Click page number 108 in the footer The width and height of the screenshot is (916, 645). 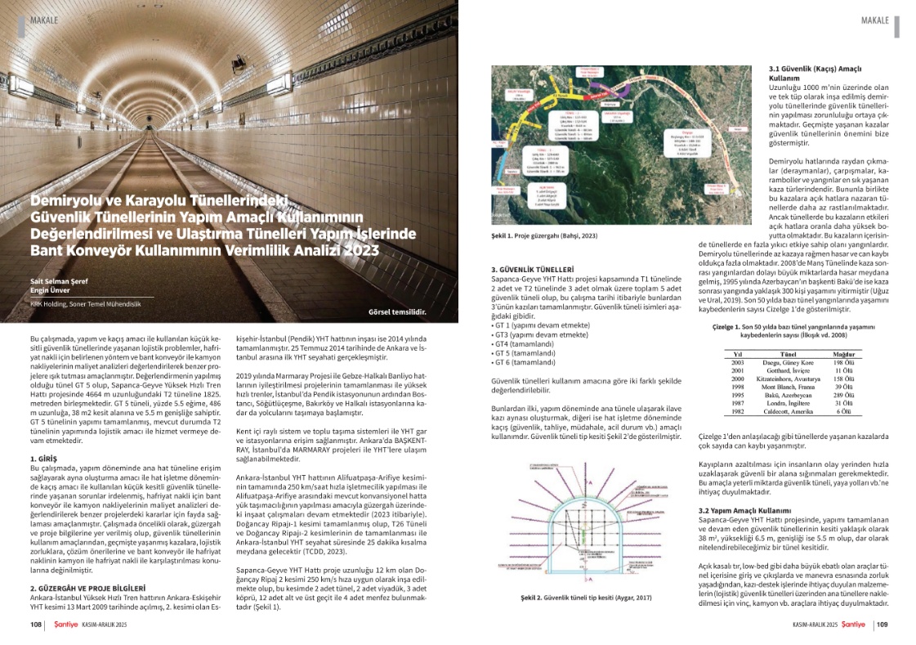tap(35, 625)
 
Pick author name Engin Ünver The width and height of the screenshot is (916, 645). tap(48, 290)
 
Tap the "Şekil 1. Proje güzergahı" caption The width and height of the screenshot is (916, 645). tap(538, 236)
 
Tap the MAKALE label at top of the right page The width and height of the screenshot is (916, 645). tap(877, 19)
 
